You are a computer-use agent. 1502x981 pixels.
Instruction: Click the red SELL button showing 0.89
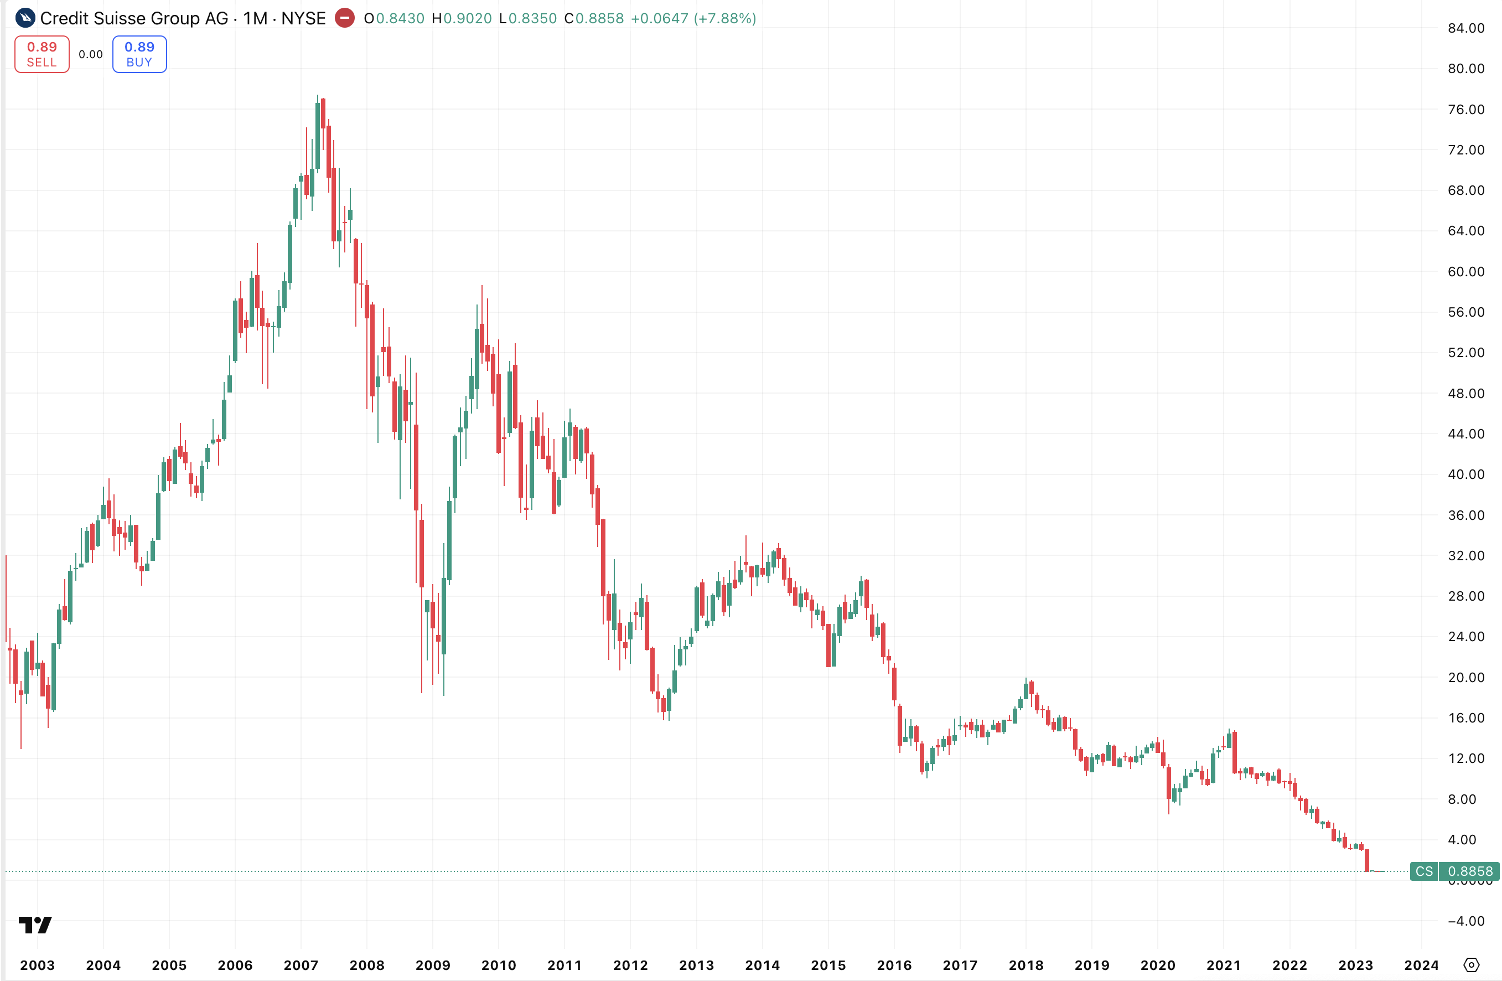pyautogui.click(x=42, y=54)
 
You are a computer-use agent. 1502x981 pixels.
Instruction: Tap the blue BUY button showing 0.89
pyautogui.click(x=139, y=54)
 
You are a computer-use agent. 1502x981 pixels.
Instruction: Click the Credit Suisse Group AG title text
pyautogui.click(x=134, y=18)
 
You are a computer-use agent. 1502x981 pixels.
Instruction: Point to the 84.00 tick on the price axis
pyautogui.click(x=1465, y=28)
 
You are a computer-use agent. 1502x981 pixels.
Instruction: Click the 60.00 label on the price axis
pyautogui.click(x=1465, y=271)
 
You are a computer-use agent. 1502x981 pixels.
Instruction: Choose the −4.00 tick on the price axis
pyautogui.click(x=1465, y=921)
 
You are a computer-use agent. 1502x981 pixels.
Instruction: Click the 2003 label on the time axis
pyautogui.click(x=37, y=965)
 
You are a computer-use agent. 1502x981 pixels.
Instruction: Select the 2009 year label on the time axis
pyautogui.click(x=433, y=965)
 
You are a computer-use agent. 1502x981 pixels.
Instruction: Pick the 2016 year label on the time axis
pyautogui.click(x=894, y=965)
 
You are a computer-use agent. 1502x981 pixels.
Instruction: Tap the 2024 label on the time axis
pyautogui.click(x=1421, y=965)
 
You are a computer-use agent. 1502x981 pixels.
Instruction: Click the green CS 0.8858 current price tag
pyautogui.click(x=1454, y=871)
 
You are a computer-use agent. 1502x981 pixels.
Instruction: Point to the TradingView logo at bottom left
pyautogui.click(x=35, y=925)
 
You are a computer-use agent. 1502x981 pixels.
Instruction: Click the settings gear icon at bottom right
pyautogui.click(x=1471, y=965)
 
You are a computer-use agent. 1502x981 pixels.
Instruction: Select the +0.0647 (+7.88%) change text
pyautogui.click(x=693, y=18)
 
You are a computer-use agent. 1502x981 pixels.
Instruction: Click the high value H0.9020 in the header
pyautogui.click(x=462, y=18)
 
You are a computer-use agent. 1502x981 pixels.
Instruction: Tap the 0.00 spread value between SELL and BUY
pyautogui.click(x=91, y=55)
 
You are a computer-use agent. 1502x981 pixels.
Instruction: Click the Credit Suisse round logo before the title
pyautogui.click(x=25, y=18)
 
